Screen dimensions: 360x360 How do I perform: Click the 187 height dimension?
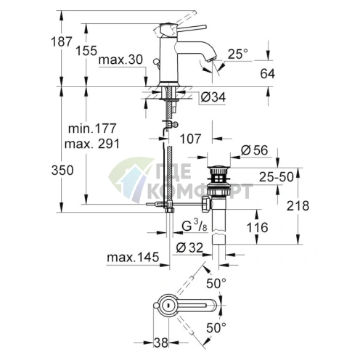62,41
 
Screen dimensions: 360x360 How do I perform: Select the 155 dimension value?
86,51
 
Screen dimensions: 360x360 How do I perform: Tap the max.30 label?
120,60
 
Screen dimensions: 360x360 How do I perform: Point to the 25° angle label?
238,54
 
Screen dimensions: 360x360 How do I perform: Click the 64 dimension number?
268,73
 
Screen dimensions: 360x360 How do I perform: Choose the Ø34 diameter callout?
213,97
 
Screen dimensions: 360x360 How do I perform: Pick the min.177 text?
92,128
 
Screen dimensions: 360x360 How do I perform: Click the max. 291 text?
92,144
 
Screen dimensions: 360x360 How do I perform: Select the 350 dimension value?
62,171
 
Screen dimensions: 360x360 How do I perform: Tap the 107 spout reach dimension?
190,139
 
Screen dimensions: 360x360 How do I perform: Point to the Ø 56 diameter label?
255,150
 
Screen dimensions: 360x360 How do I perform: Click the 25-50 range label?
277,177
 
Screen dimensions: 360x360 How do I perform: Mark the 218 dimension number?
298,206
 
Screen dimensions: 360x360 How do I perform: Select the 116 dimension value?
257,227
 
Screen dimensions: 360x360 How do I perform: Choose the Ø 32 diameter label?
189,247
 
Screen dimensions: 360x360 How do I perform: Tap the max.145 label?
133,258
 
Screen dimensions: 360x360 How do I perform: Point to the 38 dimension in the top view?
161,343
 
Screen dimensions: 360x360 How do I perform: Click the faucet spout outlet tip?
212,59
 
